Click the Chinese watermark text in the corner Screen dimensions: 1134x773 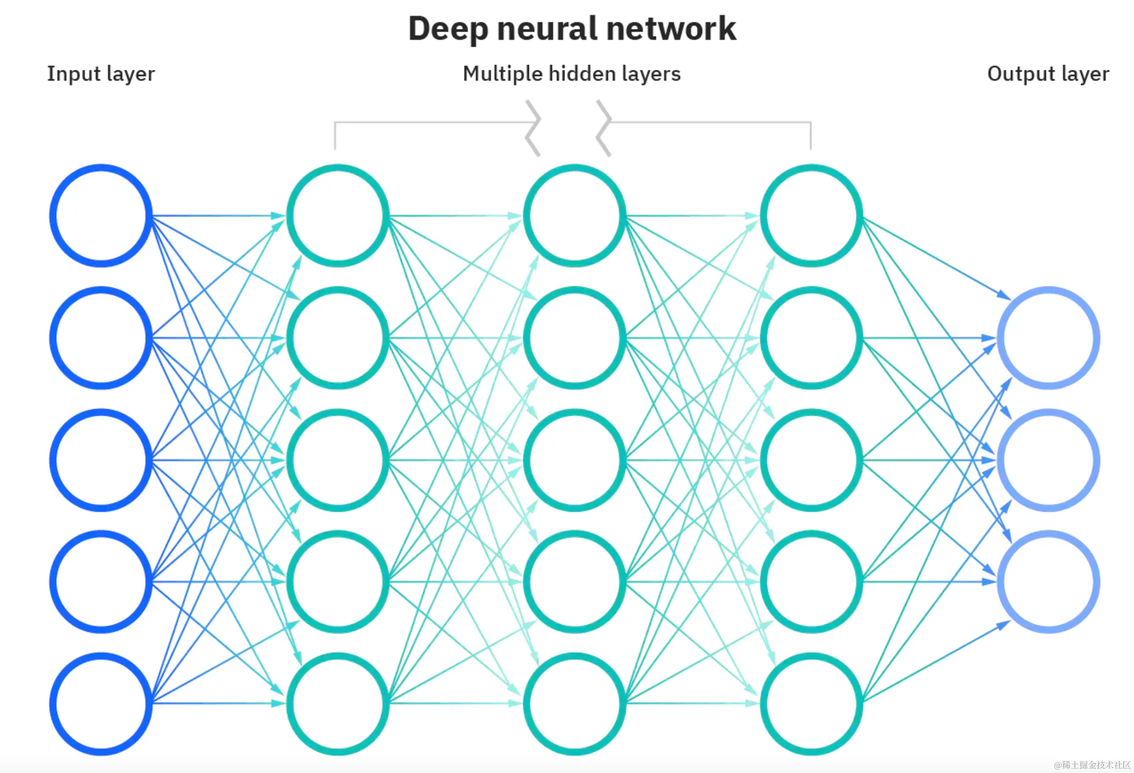click(1092, 764)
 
